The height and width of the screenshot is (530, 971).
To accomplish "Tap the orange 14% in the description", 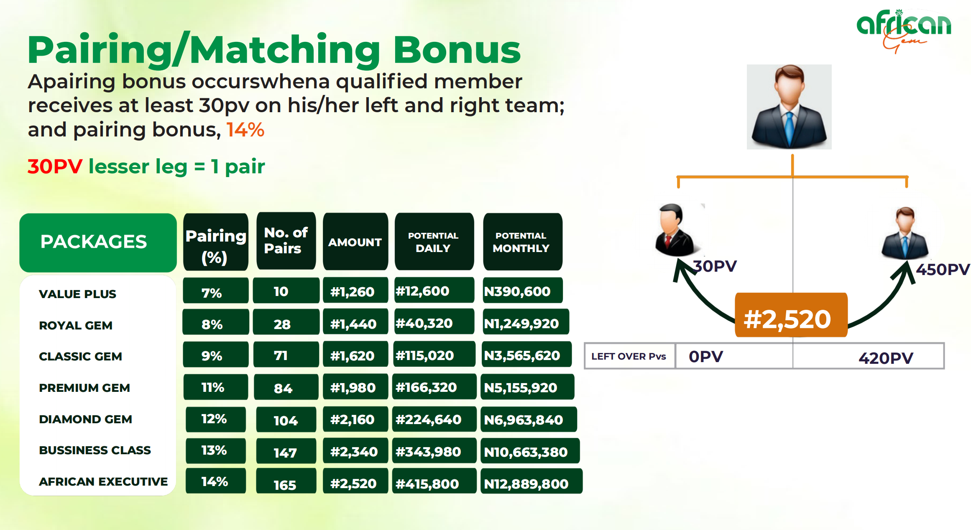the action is pyautogui.click(x=245, y=130).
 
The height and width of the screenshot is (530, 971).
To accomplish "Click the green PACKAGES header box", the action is pyautogui.click(x=98, y=242).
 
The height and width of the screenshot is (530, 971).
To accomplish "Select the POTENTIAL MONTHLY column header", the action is pyautogui.click(x=522, y=242).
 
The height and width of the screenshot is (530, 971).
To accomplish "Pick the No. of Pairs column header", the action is pyautogui.click(x=286, y=241).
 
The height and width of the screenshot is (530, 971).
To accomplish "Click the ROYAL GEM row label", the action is pyautogui.click(x=76, y=325).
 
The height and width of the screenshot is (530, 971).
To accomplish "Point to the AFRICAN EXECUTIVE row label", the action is pyautogui.click(x=103, y=481).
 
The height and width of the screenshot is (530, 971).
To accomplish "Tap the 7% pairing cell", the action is pyautogui.click(x=216, y=291).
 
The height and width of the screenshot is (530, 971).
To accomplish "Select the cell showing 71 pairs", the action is pyautogui.click(x=286, y=355).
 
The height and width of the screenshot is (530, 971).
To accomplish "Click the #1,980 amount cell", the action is pyautogui.click(x=355, y=387).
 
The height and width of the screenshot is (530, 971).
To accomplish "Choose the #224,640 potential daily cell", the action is pyautogui.click(x=434, y=419).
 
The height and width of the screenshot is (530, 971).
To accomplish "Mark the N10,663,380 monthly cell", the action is pyautogui.click(x=530, y=451).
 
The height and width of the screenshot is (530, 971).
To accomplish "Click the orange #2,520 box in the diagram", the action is pyautogui.click(x=791, y=315).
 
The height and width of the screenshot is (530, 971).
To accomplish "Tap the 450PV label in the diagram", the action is pyautogui.click(x=943, y=269).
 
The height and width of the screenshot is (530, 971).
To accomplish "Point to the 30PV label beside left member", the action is pyautogui.click(x=715, y=266).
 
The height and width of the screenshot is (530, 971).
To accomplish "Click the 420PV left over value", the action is pyautogui.click(x=886, y=358).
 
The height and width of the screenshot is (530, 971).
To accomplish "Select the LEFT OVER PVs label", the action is pyautogui.click(x=629, y=356).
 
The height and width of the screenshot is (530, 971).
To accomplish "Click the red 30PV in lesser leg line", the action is pyautogui.click(x=55, y=166).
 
